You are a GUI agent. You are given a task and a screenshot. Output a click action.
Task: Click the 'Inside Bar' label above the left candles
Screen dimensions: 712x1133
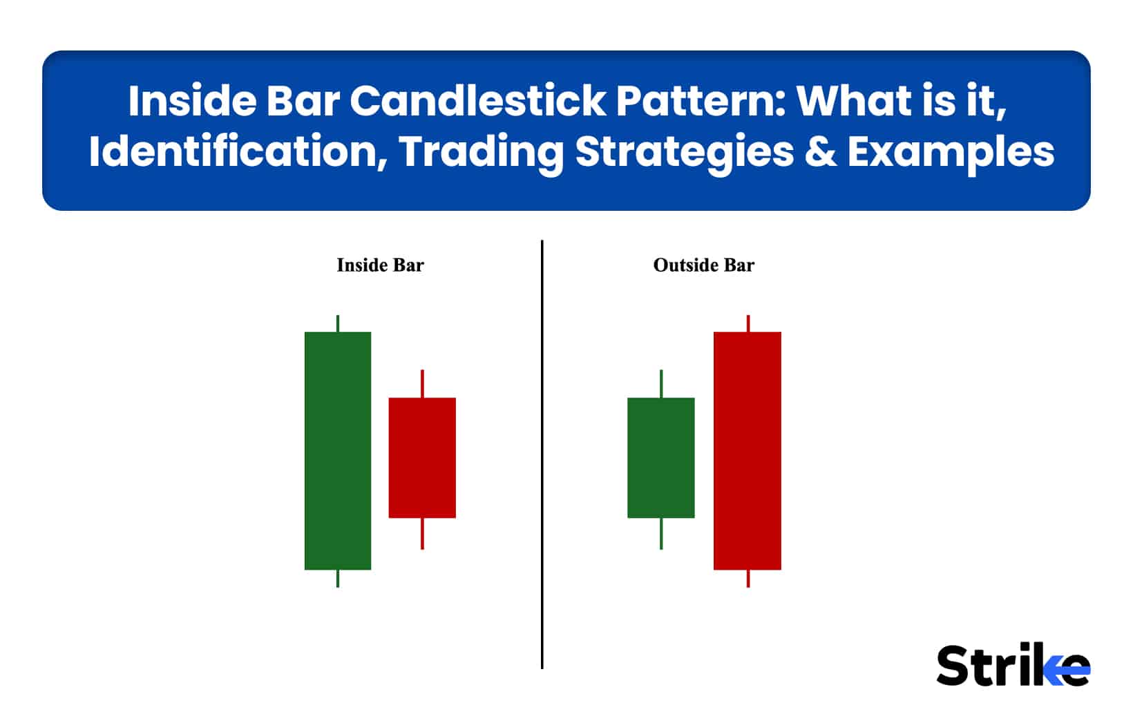pyautogui.click(x=380, y=265)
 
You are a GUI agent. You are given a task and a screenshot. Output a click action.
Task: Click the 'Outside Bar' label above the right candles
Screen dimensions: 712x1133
pyautogui.click(x=703, y=265)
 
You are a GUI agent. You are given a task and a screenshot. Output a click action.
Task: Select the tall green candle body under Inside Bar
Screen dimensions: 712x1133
pyautogui.click(x=338, y=451)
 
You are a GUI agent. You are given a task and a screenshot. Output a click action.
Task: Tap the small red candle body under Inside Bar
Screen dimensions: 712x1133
pyautogui.click(x=422, y=458)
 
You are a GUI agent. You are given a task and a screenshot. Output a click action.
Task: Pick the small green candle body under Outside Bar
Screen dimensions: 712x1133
pyautogui.click(x=661, y=458)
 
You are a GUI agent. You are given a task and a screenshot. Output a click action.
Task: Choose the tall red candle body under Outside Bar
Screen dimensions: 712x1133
pyautogui.click(x=748, y=451)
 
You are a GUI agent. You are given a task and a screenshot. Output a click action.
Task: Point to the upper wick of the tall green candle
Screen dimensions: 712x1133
pyautogui.click(x=338, y=324)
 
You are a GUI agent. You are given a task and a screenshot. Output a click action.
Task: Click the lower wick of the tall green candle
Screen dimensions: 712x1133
pyautogui.click(x=338, y=579)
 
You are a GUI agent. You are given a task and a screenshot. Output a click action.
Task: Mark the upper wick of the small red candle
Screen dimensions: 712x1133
pyautogui.click(x=422, y=384)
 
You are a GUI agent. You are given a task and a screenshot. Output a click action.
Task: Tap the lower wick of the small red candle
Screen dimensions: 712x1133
pyautogui.click(x=422, y=534)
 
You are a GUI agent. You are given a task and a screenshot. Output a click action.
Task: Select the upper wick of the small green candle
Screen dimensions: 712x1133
pyautogui.click(x=661, y=384)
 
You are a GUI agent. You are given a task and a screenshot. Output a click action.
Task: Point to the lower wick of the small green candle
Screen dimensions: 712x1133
pyautogui.click(x=661, y=534)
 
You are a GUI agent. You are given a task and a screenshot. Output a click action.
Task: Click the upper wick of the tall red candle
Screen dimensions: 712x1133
pyautogui.click(x=748, y=324)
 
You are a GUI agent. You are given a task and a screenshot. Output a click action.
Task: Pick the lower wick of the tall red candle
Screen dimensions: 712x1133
pyautogui.click(x=748, y=579)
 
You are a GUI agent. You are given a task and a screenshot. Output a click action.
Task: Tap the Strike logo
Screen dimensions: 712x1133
pyautogui.click(x=1013, y=666)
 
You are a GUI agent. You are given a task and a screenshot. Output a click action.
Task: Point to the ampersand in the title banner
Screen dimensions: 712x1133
pyautogui.click(x=820, y=152)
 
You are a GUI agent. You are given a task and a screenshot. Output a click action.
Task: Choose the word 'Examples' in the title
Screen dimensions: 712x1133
pyautogui.click(x=951, y=152)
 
